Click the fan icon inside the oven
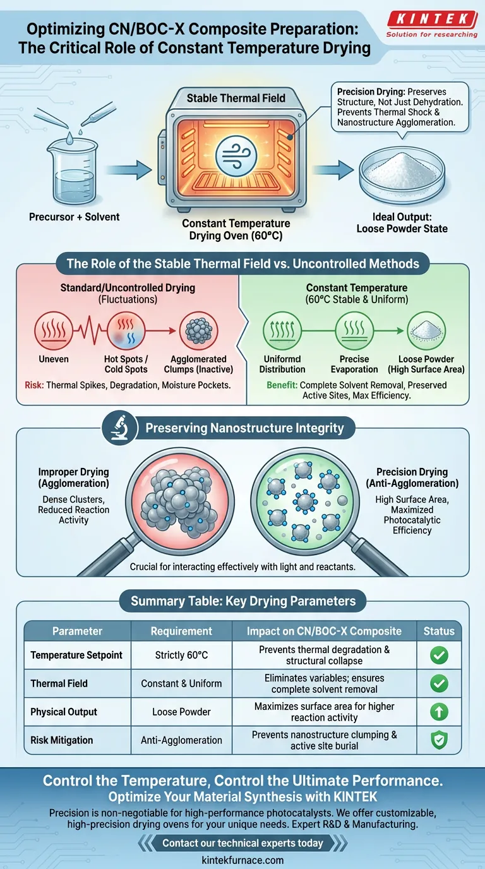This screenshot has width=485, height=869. click(236, 154)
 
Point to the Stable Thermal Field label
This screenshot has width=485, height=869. click(236, 98)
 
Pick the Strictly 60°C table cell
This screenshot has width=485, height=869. click(181, 656)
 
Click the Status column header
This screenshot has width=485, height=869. click(439, 631)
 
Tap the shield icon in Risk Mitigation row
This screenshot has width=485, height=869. click(439, 740)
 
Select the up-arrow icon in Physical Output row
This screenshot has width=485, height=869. click(439, 712)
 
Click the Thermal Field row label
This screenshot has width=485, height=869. click(59, 683)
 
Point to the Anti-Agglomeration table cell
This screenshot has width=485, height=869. click(181, 740)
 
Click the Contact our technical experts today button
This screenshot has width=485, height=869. click(242, 843)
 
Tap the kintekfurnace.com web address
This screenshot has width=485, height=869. click(242, 860)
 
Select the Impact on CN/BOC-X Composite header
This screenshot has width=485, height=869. click(324, 631)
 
